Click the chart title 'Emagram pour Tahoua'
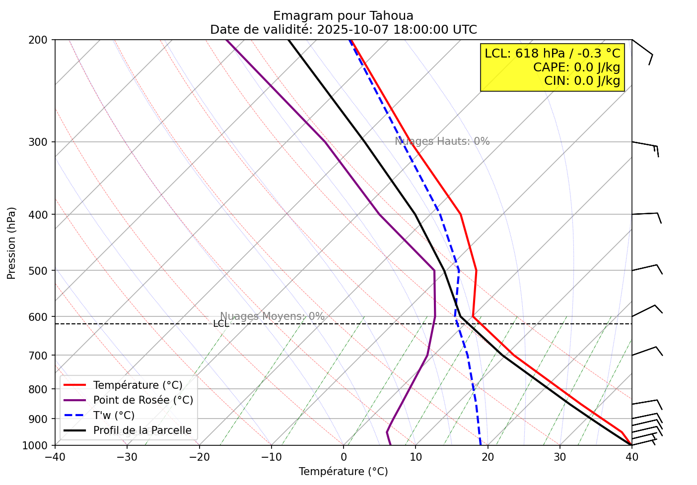(343, 16)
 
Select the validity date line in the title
(343, 30)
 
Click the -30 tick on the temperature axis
(127, 457)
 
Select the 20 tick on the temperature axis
(488, 457)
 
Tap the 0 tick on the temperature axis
(344, 457)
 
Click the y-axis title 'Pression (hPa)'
(11, 243)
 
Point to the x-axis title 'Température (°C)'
(343, 472)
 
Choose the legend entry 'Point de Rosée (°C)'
(143, 400)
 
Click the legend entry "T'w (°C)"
(114, 416)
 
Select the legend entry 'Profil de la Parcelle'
(142, 430)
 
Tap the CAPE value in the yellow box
(576, 67)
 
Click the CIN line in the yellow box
(582, 81)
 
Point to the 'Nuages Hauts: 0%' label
(442, 141)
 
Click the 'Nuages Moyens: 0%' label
(272, 316)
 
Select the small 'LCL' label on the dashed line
(221, 324)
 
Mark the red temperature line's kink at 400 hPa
(461, 214)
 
